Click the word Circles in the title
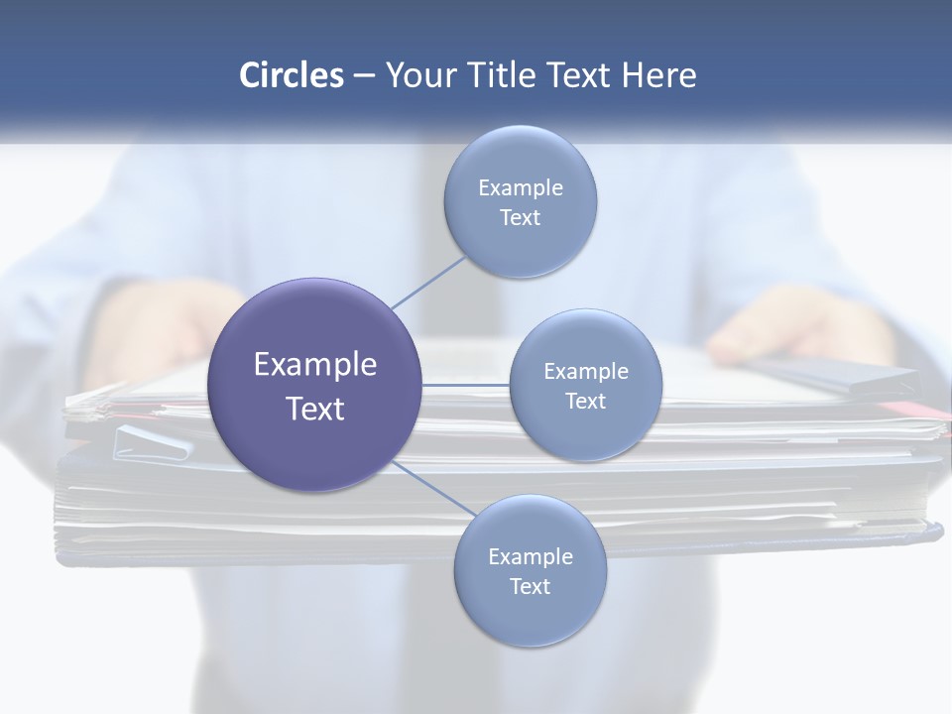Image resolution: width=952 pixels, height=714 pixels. (x=291, y=75)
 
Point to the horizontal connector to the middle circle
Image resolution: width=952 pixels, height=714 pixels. (x=466, y=385)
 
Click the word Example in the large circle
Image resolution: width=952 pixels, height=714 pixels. (x=315, y=364)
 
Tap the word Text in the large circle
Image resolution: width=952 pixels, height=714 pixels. (x=315, y=409)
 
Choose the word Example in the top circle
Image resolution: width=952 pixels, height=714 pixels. (x=521, y=187)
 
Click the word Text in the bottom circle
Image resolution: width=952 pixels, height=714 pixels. (x=530, y=586)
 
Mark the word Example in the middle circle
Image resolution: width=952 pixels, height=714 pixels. (x=586, y=371)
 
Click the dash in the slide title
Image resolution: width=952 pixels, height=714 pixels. (x=364, y=75)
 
